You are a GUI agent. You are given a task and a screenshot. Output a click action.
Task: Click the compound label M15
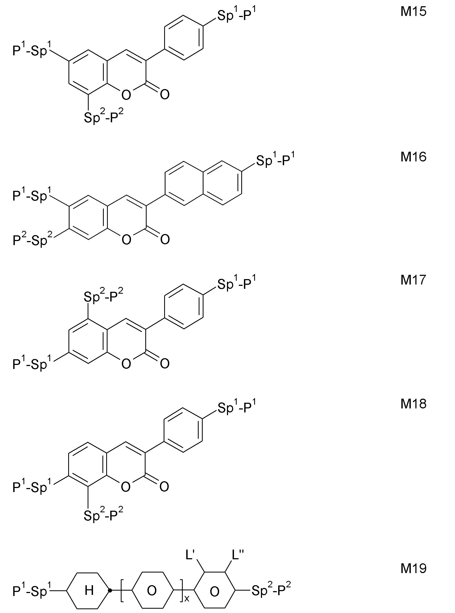413,12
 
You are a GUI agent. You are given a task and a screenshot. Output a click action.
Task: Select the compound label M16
413,157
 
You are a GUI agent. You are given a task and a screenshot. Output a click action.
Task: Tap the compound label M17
413,280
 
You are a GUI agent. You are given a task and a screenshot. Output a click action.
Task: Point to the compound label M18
413,404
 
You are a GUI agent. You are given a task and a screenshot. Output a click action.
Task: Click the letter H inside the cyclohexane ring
89,590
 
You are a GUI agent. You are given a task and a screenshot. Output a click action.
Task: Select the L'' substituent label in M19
238,555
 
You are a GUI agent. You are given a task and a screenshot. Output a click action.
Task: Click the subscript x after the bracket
187,598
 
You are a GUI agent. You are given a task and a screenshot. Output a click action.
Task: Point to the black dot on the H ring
110,590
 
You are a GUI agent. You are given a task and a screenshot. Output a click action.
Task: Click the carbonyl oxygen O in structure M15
165,94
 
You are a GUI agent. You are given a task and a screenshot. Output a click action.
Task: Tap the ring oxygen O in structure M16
126,240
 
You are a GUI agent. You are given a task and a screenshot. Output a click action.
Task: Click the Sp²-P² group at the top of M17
104,296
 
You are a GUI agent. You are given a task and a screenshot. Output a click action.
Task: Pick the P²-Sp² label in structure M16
33,239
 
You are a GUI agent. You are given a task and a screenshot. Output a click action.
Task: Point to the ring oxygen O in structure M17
126,364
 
